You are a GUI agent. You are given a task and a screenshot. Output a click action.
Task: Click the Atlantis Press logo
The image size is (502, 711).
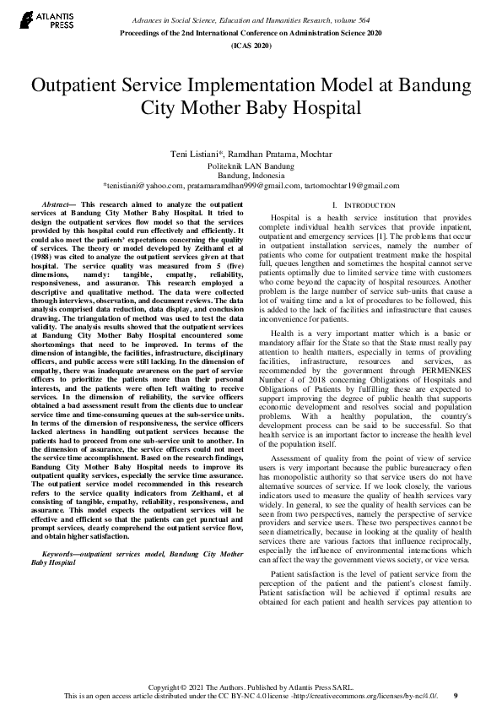pos(41,19)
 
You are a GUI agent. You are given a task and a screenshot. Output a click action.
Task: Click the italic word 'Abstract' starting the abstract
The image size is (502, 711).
pos(57,205)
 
